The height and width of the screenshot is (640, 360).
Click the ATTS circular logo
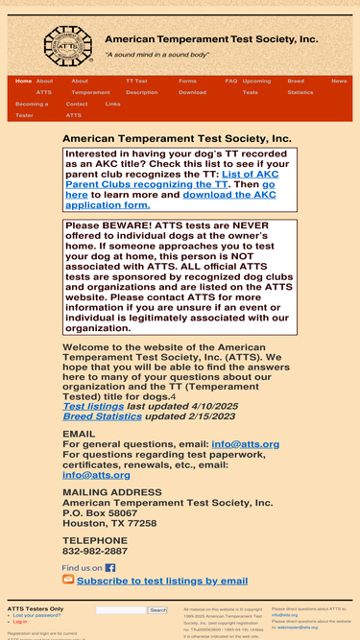click(67, 46)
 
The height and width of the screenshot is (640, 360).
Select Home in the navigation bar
click(23, 82)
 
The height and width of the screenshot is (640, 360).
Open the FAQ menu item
click(230, 82)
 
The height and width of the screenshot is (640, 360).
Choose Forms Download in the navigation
click(191, 87)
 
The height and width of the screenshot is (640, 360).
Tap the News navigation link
click(339, 82)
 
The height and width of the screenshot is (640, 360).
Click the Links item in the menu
click(112, 104)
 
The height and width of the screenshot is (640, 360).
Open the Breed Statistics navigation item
click(300, 87)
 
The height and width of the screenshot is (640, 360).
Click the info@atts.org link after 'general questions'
click(245, 445)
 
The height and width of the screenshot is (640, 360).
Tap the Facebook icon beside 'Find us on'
click(110, 568)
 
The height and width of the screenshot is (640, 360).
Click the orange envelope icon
click(68, 580)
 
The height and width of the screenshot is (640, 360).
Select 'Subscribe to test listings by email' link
click(162, 581)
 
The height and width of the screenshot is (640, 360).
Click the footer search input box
click(121, 610)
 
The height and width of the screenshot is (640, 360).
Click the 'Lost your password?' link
click(37, 615)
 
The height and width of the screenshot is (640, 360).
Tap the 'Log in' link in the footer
click(20, 622)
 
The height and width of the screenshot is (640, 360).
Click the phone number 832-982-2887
click(95, 552)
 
